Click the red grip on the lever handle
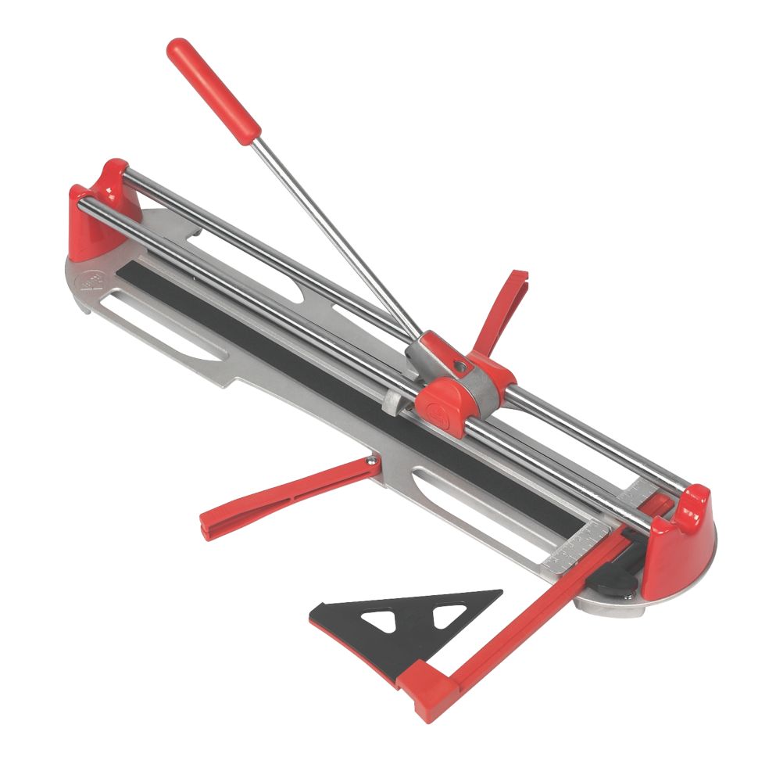pos(213,91)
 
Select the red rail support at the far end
pos(98,208)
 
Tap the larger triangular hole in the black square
pos(388,621)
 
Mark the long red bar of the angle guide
pos(531,610)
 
